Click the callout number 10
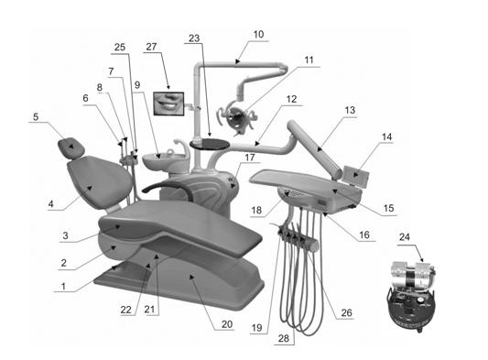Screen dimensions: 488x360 point(258,34)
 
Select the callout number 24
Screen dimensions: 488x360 point(405,237)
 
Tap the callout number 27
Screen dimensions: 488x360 point(151,47)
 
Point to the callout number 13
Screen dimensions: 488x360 point(350,110)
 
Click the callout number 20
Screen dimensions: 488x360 point(227,324)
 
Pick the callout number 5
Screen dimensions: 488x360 point(36,117)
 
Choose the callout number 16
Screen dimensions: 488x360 point(364,235)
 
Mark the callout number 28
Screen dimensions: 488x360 point(284,338)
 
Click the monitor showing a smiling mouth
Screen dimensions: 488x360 point(168,104)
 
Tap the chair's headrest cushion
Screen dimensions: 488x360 point(71,147)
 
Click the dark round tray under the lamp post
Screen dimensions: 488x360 point(210,144)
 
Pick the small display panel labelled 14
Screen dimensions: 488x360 point(356,176)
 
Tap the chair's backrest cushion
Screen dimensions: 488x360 point(100,182)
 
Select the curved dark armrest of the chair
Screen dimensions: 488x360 point(170,189)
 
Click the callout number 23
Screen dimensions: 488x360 point(194,38)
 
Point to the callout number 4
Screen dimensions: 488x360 point(50,204)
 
